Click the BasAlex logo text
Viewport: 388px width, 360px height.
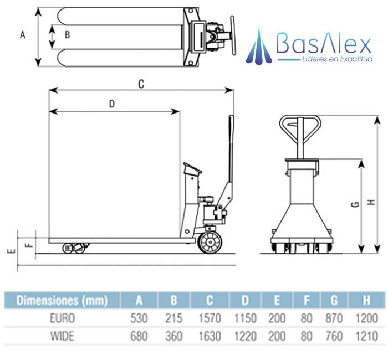tap(323, 43)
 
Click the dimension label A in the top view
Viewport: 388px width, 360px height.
tap(23, 35)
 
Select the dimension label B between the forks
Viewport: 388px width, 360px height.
tap(67, 35)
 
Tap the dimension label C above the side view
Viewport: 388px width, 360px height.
tap(141, 84)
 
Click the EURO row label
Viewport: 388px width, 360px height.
tap(62, 319)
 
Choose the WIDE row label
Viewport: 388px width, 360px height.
tap(62, 336)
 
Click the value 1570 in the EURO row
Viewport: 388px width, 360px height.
tap(209, 319)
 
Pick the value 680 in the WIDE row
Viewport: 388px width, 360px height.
tap(139, 336)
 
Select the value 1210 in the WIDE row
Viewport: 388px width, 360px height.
tap(366, 336)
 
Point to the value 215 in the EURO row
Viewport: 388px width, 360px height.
tap(173, 319)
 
